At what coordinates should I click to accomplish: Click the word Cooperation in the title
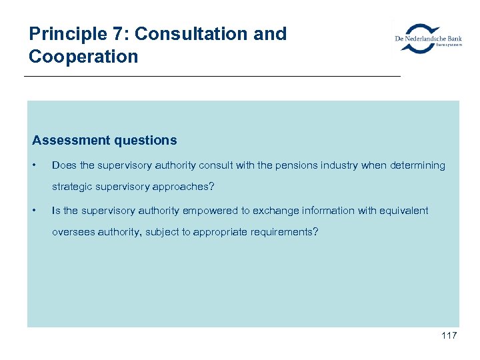tap(83, 56)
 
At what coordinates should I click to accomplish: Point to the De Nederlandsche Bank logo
tap(428, 39)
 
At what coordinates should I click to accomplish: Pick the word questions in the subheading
tap(147, 140)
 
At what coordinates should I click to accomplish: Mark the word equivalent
tap(404, 211)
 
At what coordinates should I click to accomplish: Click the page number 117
tap(449, 335)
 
